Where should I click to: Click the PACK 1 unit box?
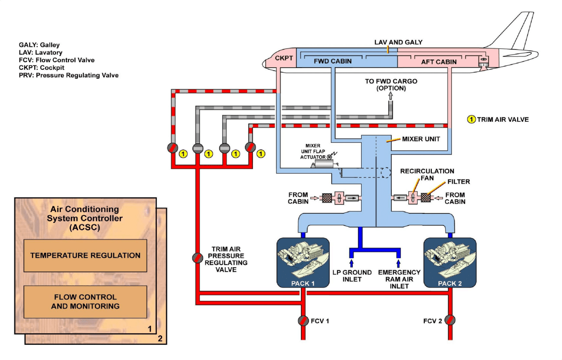click(x=303, y=262)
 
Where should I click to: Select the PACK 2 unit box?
click(x=450, y=262)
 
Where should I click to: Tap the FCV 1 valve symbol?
click(x=303, y=320)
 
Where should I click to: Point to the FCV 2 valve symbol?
click(x=450, y=320)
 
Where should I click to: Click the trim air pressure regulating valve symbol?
click(x=196, y=258)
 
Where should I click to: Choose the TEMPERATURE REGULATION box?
click(x=85, y=256)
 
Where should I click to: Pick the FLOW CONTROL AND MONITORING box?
click(x=85, y=301)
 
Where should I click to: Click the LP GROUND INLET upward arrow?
click(x=351, y=263)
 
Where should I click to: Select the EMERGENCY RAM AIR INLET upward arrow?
click(x=399, y=263)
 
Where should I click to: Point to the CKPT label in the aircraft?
click(x=284, y=58)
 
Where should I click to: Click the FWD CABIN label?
click(x=332, y=61)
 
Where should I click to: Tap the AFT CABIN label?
click(x=438, y=62)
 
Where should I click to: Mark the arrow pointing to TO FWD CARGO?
click(x=391, y=96)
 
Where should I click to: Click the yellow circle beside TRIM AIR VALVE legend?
click(x=471, y=119)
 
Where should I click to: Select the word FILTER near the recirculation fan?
click(x=458, y=181)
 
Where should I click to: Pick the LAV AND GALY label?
click(x=398, y=42)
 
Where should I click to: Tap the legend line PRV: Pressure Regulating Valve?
click(x=68, y=75)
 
